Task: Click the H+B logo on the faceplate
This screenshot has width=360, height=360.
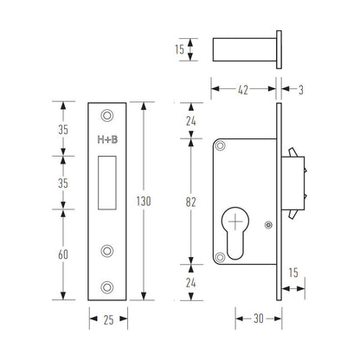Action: (107, 140)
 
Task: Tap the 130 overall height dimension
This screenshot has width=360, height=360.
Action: (144, 201)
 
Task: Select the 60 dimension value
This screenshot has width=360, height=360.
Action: (63, 254)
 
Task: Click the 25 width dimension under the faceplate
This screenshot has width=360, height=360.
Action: (108, 320)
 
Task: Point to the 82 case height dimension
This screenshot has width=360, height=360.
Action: (190, 202)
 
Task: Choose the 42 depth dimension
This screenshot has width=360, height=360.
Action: (243, 90)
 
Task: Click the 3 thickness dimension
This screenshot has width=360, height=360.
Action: (301, 90)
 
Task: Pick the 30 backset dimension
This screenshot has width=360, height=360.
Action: (259, 318)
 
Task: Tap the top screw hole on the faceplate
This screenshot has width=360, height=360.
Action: (107, 115)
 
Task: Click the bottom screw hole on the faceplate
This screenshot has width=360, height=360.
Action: (107, 287)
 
